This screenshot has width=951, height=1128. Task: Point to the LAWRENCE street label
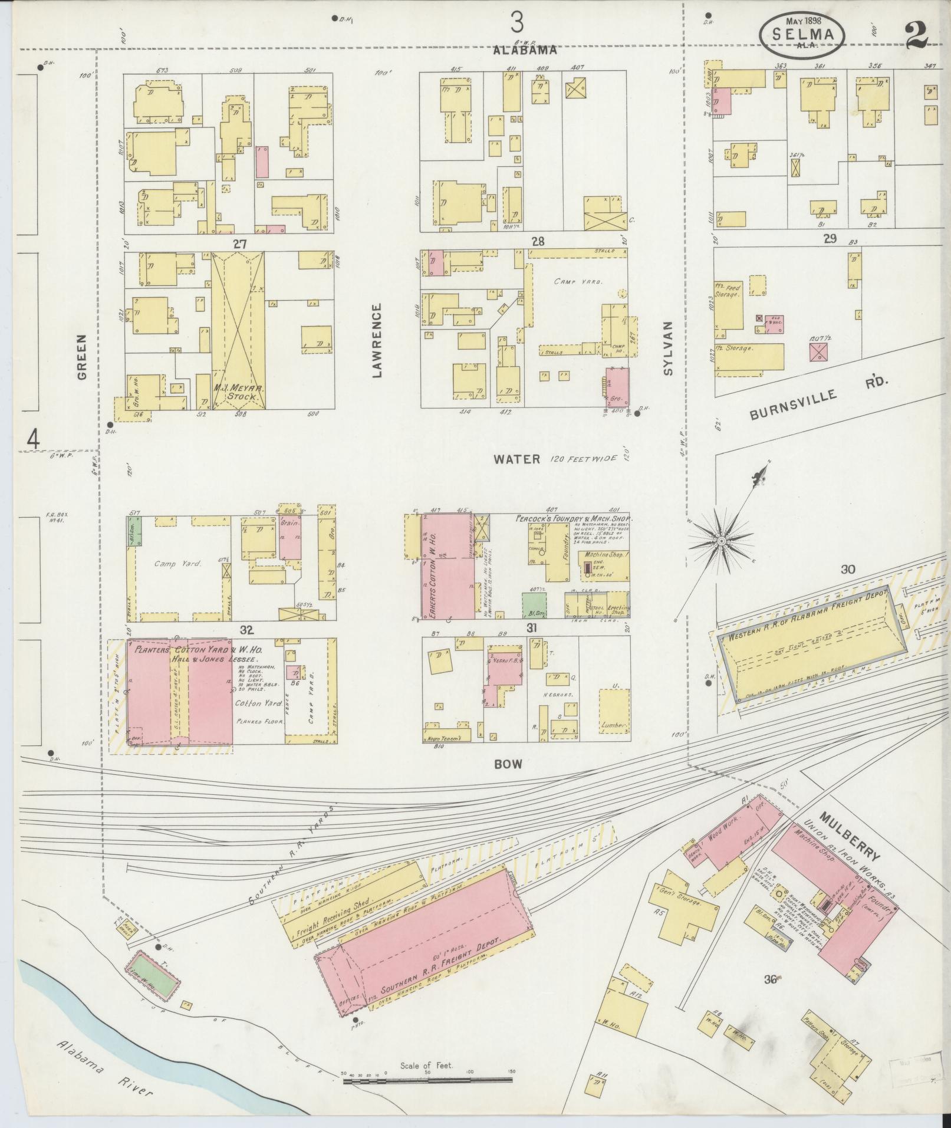pos(377,340)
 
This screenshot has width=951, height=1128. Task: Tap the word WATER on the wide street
pos(517,459)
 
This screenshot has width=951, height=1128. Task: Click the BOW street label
pos(508,763)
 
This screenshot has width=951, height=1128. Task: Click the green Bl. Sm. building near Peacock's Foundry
pos(534,606)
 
